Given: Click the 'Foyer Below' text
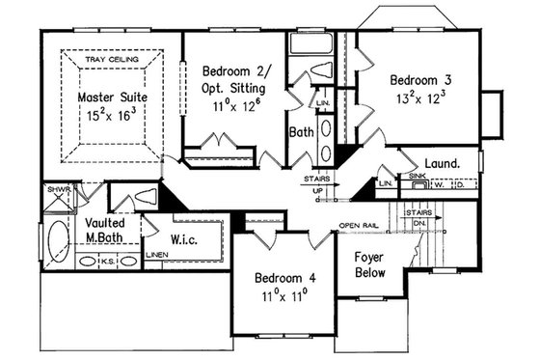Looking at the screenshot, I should (369, 265).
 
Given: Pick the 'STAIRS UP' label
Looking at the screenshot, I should (318, 184).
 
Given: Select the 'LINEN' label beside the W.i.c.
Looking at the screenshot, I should (156, 255).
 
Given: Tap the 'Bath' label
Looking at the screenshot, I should (301, 132).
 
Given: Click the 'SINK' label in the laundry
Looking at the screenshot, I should (417, 178).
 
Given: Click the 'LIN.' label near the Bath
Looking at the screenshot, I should (324, 101).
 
